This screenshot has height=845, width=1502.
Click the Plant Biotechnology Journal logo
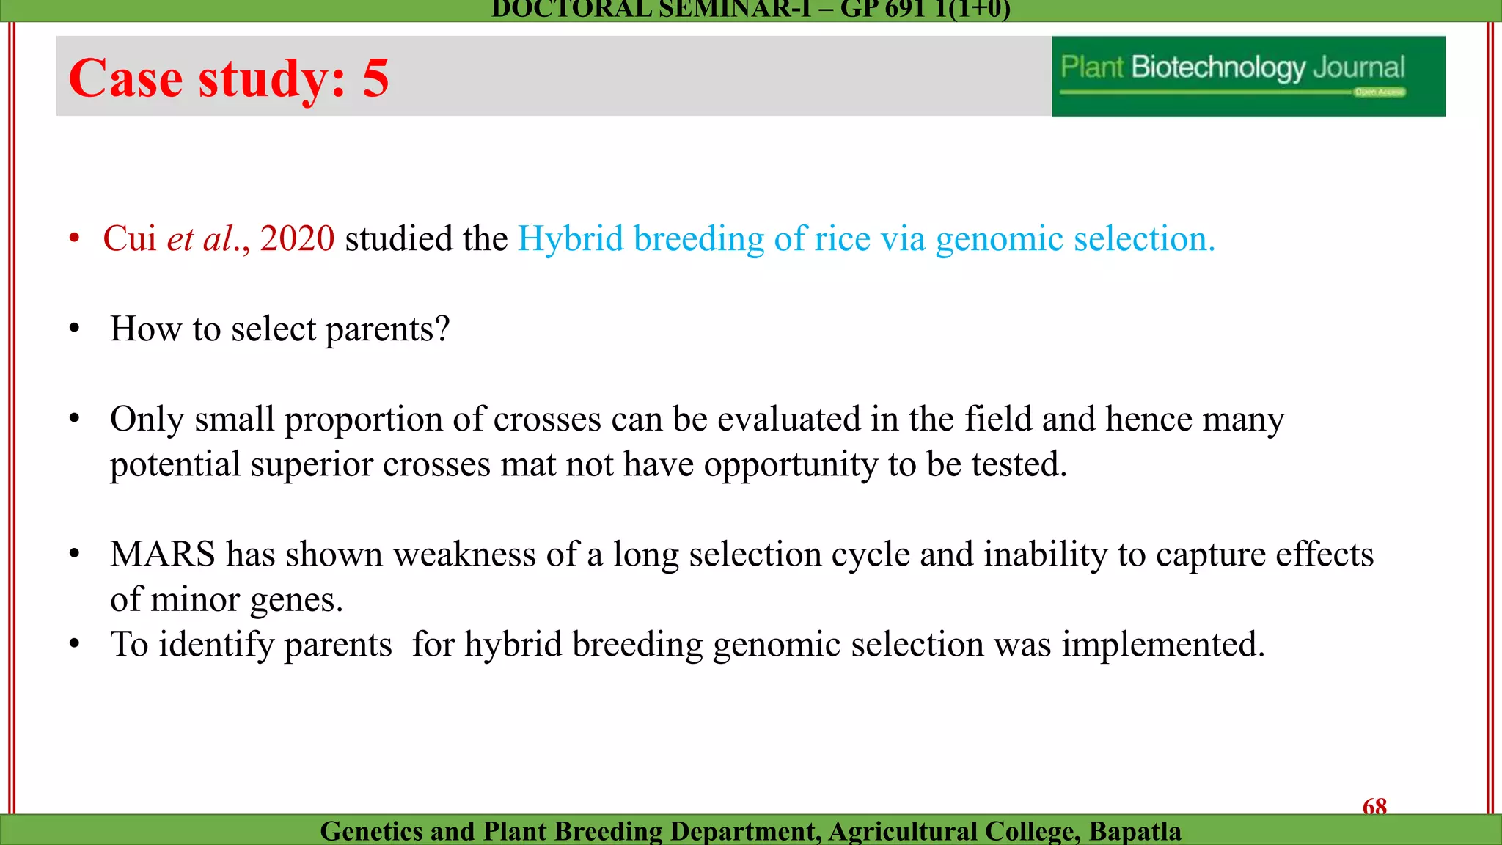coord(1248,76)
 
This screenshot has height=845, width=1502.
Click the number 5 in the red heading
coord(375,78)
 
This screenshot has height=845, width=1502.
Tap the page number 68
coord(1374,807)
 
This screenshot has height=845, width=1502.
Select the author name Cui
coord(129,238)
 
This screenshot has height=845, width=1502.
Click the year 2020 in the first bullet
coord(297,238)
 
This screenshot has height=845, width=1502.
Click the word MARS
coord(162,554)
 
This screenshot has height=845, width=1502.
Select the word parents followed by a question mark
coord(387,329)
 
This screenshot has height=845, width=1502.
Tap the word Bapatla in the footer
coord(1135,831)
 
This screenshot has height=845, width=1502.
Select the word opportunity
coord(791,465)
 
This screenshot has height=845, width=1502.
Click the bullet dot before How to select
coord(74,329)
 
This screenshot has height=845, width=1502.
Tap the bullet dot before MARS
coord(74,554)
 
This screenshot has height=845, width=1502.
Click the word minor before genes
coord(197,599)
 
